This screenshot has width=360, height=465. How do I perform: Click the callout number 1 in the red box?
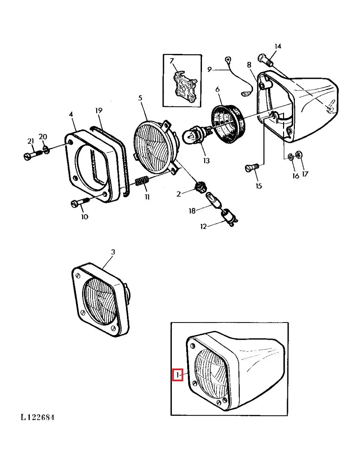[x=177, y=375]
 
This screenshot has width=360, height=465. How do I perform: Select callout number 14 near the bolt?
[x=278, y=46]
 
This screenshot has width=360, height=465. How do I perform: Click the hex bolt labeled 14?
[x=265, y=59]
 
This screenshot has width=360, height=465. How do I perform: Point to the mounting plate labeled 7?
[x=185, y=87]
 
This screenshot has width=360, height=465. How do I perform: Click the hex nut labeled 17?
[x=298, y=154]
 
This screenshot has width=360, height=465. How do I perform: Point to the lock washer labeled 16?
[x=290, y=156]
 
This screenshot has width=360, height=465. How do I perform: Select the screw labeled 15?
[x=252, y=167]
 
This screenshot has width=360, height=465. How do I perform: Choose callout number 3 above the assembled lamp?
[x=113, y=252]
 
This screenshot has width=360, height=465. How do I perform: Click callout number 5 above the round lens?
[x=140, y=98]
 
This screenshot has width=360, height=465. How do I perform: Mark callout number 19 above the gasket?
[x=99, y=111]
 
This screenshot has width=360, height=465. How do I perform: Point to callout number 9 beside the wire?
[x=209, y=69]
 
